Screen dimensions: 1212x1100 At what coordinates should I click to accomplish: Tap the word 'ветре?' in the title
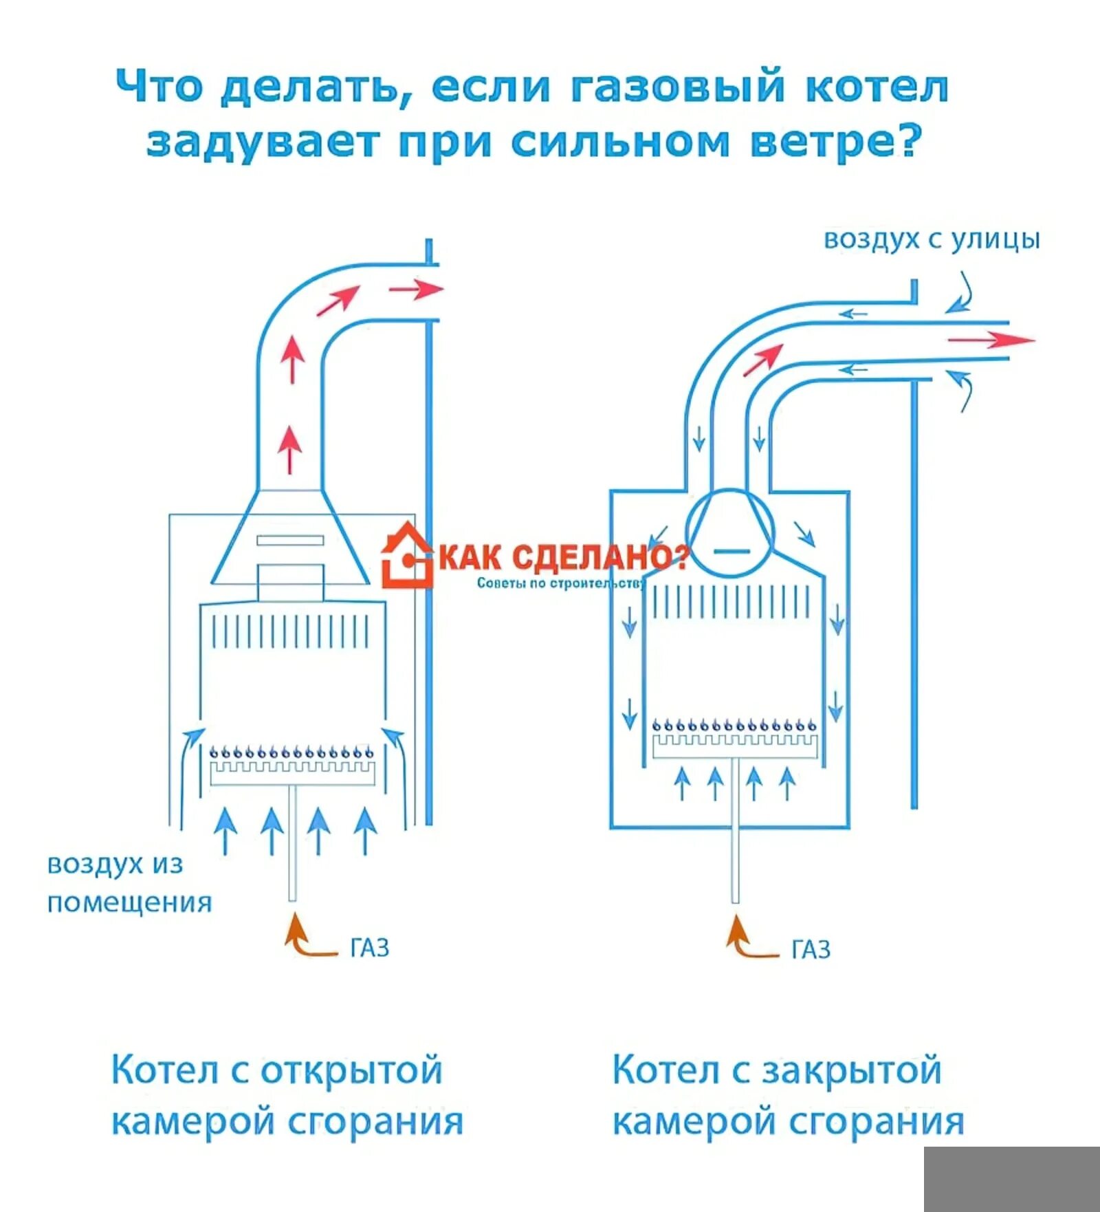(835, 142)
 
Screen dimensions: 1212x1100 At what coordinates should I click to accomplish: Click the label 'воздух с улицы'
(932, 240)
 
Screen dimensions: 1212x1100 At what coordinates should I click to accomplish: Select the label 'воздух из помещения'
(129, 883)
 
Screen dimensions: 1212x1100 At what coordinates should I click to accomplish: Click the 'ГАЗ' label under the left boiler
(370, 948)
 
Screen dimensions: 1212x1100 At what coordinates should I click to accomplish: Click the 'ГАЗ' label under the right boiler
(811, 950)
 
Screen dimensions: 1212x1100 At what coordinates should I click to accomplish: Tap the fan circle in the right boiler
(730, 532)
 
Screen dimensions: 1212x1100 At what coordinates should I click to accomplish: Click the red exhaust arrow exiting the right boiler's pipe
(990, 339)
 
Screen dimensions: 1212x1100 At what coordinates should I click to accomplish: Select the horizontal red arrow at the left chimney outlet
(415, 289)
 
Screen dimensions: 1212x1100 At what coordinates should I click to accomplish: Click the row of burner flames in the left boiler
(291, 751)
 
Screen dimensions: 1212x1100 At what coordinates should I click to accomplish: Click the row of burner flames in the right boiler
(734, 725)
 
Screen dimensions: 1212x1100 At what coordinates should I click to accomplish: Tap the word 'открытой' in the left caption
(351, 1070)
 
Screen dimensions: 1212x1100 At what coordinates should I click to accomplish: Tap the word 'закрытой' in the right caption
(852, 1070)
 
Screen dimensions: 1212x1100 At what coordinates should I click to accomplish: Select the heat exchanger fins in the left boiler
(291, 631)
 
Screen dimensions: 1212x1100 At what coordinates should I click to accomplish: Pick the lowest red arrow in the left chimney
(291, 449)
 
